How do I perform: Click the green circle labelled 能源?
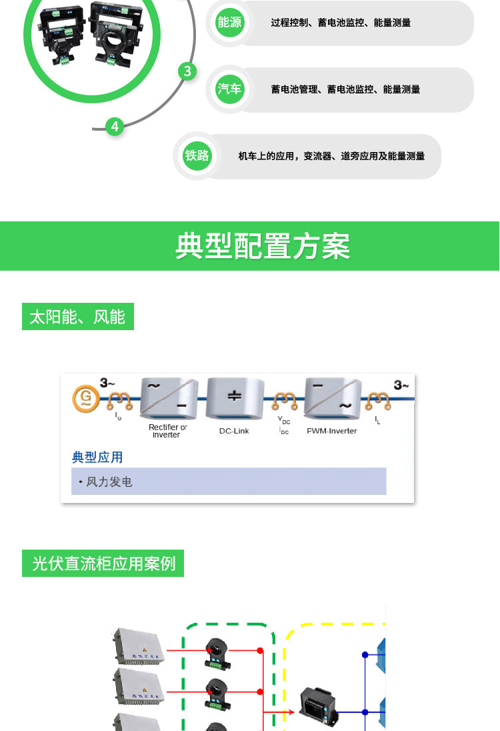pyautogui.click(x=229, y=23)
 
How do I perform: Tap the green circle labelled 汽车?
pyautogui.click(x=229, y=89)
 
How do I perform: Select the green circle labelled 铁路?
pyautogui.click(x=197, y=156)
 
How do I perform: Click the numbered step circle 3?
pyautogui.click(x=187, y=71)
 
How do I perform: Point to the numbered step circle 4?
pyautogui.click(x=115, y=126)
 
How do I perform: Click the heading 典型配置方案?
pyautogui.click(x=262, y=246)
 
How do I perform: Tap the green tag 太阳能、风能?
pyautogui.click(x=77, y=317)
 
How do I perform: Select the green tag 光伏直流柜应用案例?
pyautogui.click(x=103, y=564)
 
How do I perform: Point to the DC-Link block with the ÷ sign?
pyautogui.click(x=234, y=398)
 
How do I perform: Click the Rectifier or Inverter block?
pyautogui.click(x=169, y=398)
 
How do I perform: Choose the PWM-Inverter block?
pyautogui.click(x=332, y=398)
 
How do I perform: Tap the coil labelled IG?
pyautogui.click(x=120, y=400)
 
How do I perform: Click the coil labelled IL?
pyautogui.click(x=377, y=400)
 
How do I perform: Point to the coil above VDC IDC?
pyautogui.click(x=284, y=400)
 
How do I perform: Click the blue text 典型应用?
pyautogui.click(x=97, y=458)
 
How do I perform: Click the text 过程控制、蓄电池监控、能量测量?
pyautogui.click(x=341, y=23)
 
